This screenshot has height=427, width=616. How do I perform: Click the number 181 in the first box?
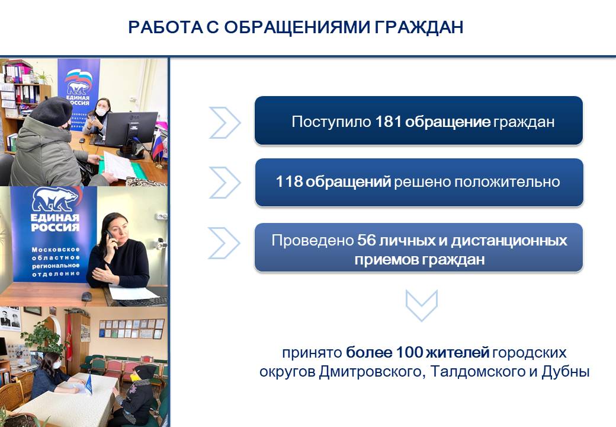[388, 122]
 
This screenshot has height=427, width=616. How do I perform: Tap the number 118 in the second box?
[289, 181]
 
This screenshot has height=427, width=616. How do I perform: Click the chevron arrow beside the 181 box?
[224, 123]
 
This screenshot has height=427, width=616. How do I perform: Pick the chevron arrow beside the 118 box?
[224, 183]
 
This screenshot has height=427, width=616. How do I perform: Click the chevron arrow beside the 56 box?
[224, 243]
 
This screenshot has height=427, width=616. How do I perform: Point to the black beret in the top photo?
[51, 111]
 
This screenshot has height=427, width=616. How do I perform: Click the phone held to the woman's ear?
[110, 238]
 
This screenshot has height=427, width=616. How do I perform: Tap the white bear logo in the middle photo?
[54, 200]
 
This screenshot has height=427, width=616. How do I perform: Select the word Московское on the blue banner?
[56, 250]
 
